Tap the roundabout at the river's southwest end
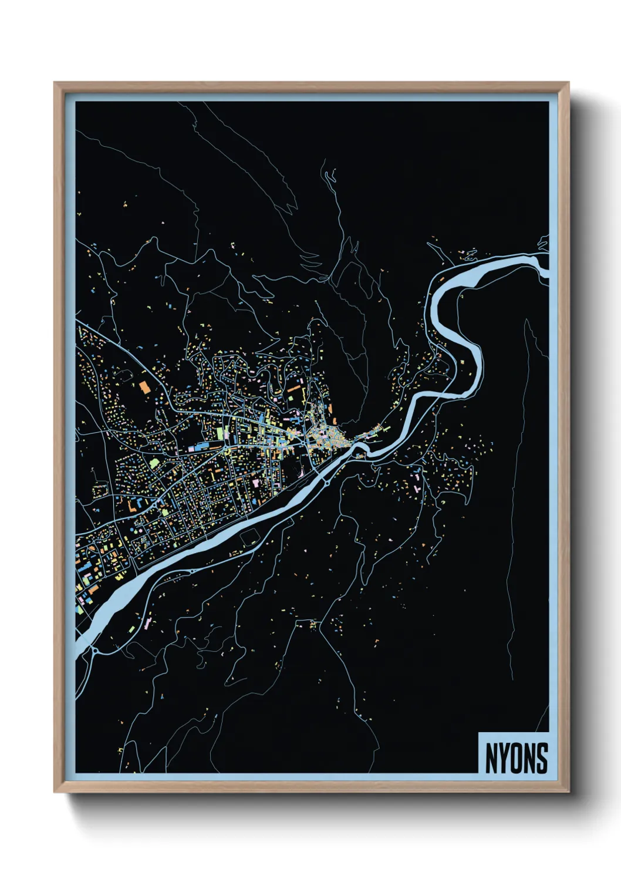coord(94,650)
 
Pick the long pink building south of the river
coord(417,481)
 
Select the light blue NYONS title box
coord(514,753)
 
